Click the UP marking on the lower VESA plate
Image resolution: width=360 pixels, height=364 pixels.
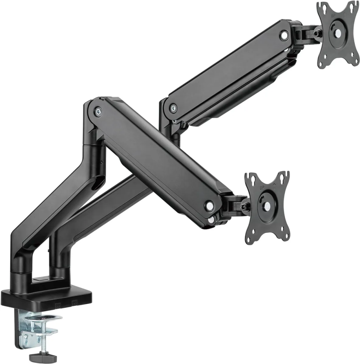point(262,188)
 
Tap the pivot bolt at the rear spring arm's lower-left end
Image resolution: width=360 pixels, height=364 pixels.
point(173,108)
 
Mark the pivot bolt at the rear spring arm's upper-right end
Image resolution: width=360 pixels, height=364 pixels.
point(284,35)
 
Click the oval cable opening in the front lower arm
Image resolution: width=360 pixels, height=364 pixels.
point(98,182)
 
